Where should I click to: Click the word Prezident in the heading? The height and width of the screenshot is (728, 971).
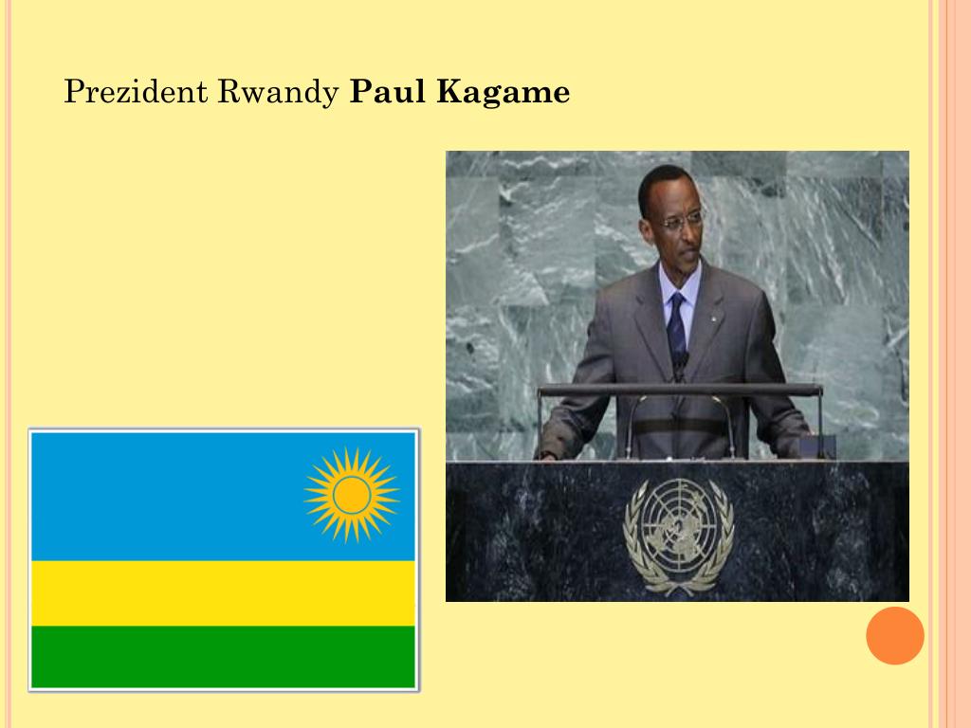[x=136, y=92]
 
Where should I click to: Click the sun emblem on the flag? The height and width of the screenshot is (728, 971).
[x=352, y=494]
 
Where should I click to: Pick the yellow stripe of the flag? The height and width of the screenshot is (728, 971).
[x=224, y=592]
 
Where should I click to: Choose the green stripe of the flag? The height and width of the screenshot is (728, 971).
[x=224, y=656]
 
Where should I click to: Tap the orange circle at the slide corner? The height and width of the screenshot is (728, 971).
[x=894, y=635]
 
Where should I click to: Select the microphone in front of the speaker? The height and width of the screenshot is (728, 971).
[x=680, y=365]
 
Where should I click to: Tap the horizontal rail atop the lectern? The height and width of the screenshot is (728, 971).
[x=679, y=390]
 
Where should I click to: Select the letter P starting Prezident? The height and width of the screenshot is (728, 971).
[x=72, y=92]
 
